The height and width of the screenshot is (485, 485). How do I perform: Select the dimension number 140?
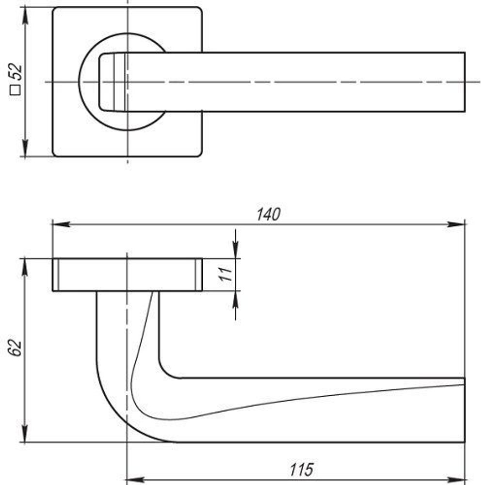click(269, 214)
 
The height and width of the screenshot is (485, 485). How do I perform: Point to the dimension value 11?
click(224, 275)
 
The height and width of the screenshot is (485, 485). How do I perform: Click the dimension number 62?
click(16, 348)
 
